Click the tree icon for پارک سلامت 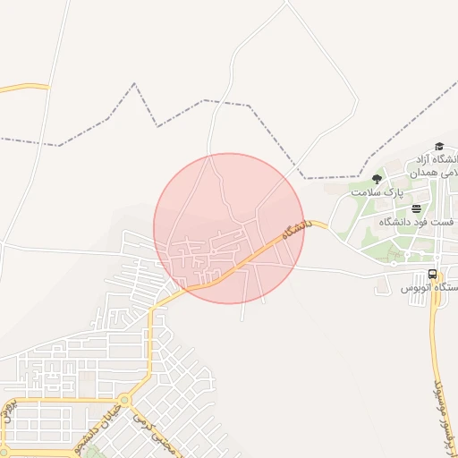(x=376, y=179)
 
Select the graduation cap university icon (x=438, y=147)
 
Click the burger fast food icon (x=416, y=208)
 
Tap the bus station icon (x=433, y=274)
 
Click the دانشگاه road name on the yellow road (x=294, y=230)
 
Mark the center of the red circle (x=229, y=228)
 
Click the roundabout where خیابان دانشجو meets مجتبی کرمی (x=123, y=400)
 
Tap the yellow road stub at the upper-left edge (x=22, y=88)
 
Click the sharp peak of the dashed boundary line (x=134, y=84)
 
